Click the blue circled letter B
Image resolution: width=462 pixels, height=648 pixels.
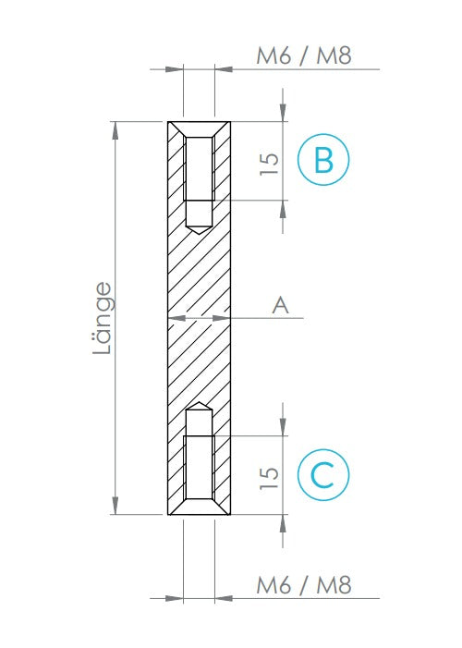323,160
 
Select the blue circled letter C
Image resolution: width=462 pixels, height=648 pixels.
323,475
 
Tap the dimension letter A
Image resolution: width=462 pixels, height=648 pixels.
281,305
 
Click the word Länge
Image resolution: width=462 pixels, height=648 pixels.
103,318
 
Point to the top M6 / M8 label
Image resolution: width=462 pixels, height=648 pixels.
304,55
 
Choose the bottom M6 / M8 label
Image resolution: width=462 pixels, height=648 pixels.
304,585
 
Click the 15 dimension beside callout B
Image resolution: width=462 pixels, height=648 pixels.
269,164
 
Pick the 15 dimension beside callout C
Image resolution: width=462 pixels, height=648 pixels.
269,478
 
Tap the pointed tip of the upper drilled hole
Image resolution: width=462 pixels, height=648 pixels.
200,234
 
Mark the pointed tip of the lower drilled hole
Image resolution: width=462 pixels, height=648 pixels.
200,402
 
